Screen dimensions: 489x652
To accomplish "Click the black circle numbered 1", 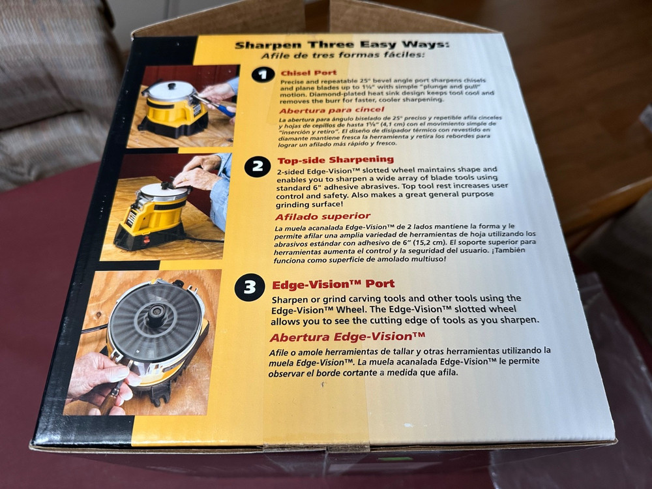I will pos(263,76).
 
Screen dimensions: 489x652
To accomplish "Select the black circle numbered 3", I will pos(250,287).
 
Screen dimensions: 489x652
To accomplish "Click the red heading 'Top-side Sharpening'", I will pos(336,159).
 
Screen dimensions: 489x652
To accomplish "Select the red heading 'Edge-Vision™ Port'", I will pos(333,284).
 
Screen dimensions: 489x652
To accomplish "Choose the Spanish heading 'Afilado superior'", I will pos(322,216).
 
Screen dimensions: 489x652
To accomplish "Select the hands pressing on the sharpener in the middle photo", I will pos(199,173).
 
